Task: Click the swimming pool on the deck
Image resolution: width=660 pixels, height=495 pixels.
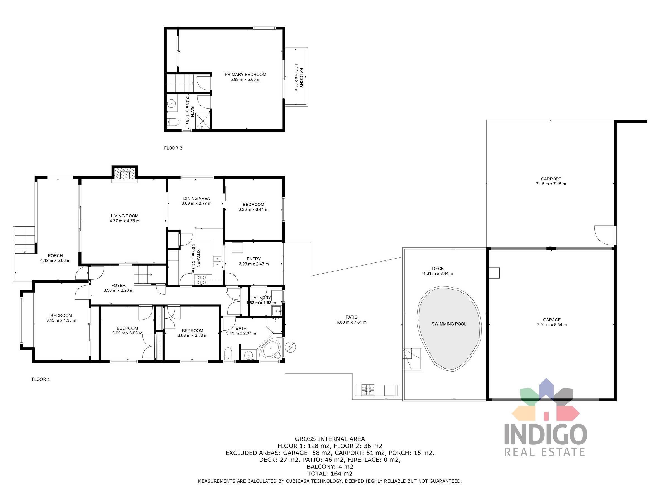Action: pos(449,328)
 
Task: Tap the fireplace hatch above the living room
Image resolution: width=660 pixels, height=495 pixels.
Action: pos(125,174)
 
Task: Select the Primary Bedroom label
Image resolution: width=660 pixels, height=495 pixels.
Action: pos(245,74)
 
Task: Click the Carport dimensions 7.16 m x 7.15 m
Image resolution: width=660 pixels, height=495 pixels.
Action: pos(551,184)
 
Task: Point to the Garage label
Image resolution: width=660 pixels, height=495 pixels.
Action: pos(552,320)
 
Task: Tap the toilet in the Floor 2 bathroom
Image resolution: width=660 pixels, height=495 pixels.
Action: pos(173,122)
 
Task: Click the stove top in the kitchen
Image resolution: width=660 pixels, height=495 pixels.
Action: pos(201,279)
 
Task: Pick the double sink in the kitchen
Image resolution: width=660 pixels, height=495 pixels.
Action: pos(217,261)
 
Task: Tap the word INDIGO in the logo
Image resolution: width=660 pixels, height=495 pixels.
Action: pos(546,435)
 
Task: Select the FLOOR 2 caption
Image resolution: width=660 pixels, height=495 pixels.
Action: pos(173,148)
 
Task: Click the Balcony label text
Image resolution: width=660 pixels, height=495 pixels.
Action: pos(301,78)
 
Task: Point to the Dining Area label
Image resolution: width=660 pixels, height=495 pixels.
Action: pos(196,198)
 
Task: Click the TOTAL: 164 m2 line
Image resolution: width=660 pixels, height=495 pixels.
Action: pos(330,473)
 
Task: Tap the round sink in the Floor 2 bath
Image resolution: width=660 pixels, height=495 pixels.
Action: pos(171,104)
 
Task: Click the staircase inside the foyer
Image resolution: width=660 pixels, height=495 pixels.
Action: pos(143,274)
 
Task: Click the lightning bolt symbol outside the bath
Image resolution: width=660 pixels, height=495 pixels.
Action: pos(290,347)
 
